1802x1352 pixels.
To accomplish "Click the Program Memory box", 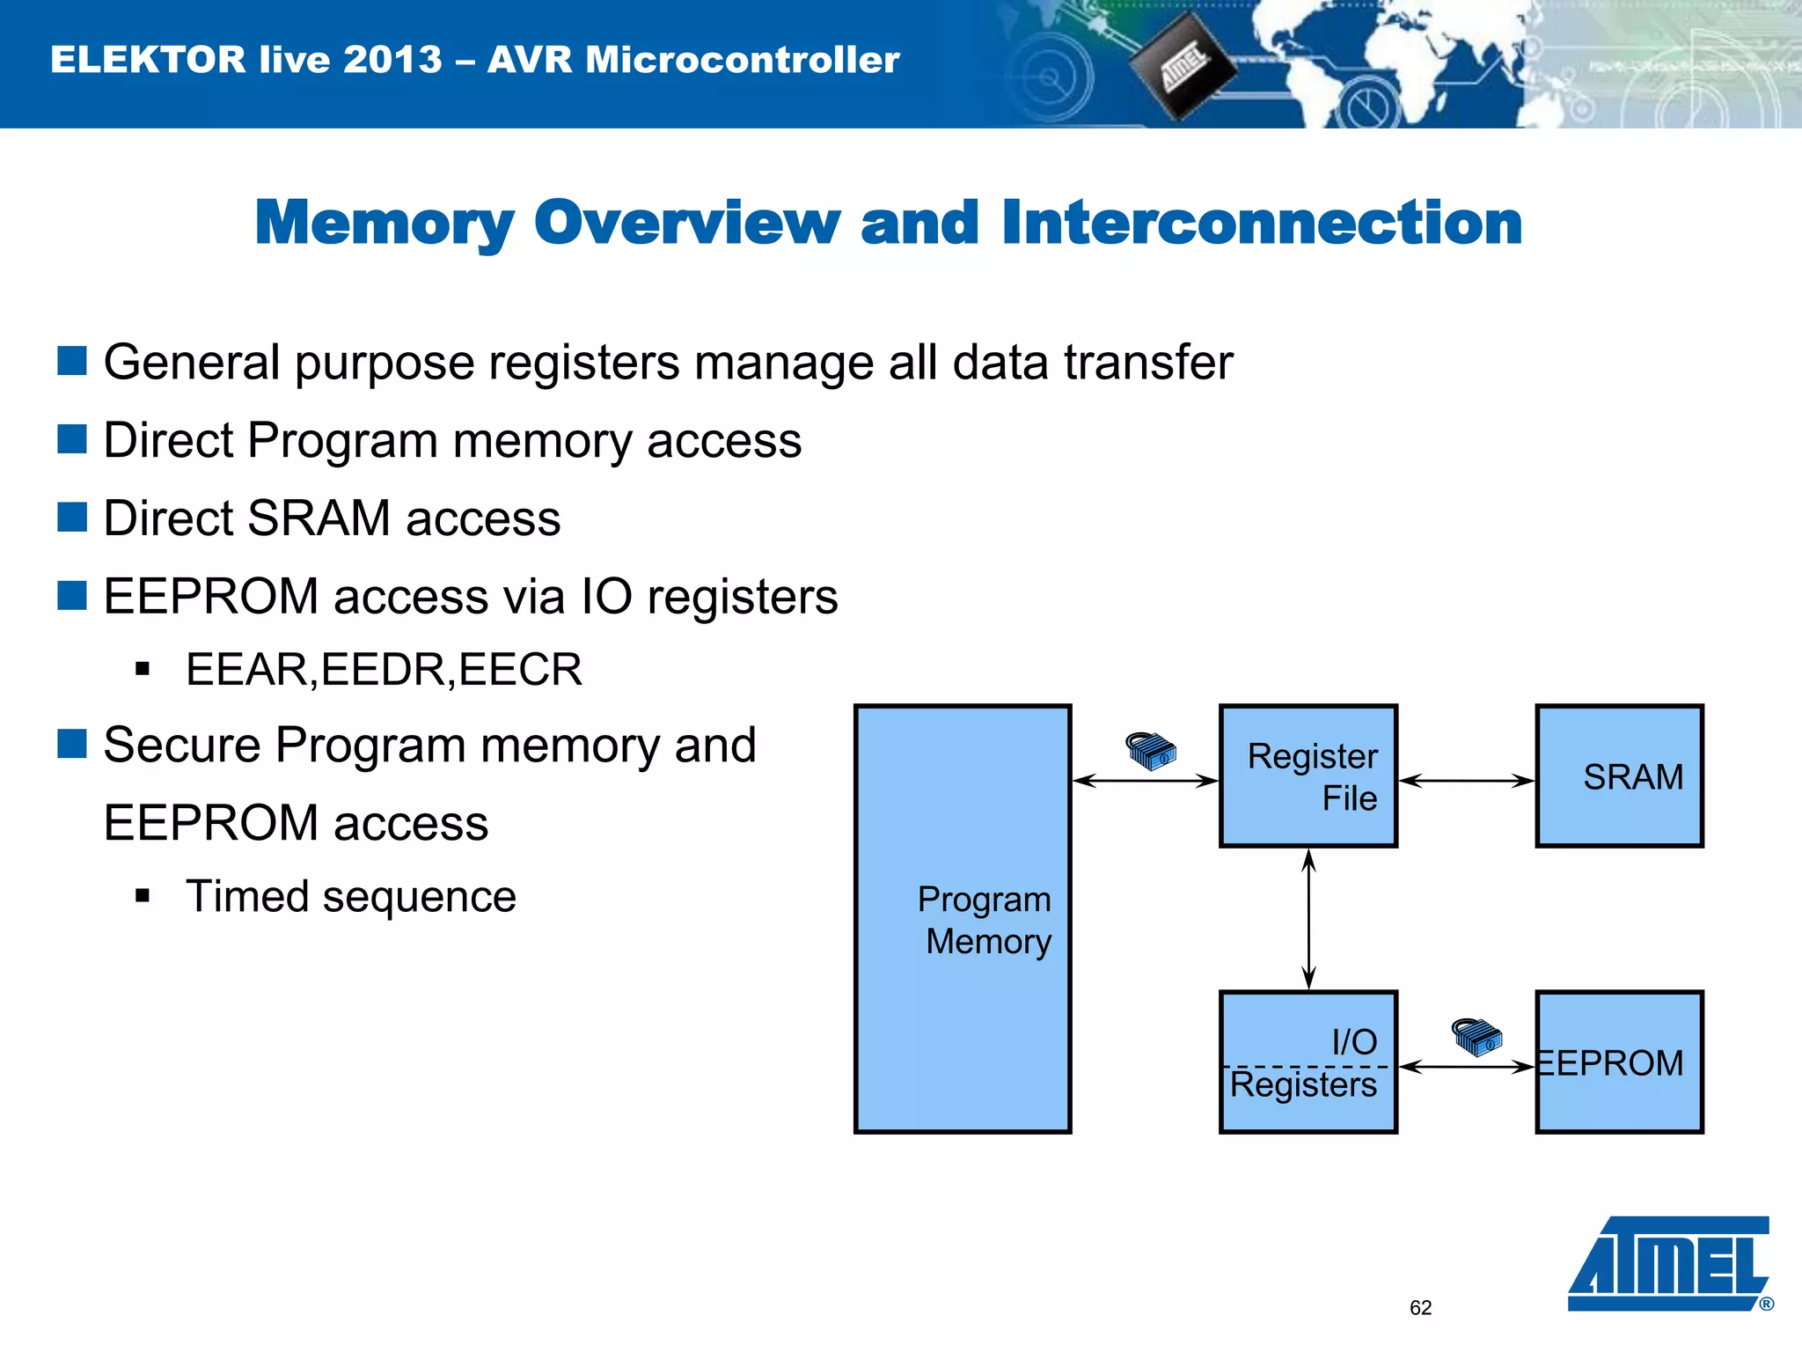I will pyautogui.click(x=962, y=918).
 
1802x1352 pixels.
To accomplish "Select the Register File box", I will pyautogui.click(x=1308, y=775).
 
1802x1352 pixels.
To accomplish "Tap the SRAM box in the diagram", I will pyautogui.click(x=1619, y=775).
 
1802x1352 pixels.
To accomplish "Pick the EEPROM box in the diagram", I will pyautogui.click(x=1619, y=1062).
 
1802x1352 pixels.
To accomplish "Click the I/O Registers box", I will pyautogui.click(x=1308, y=1062).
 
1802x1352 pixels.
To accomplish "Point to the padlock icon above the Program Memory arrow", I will pyautogui.click(x=1151, y=751).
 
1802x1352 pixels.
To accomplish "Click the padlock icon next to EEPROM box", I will pyautogui.click(x=1476, y=1037).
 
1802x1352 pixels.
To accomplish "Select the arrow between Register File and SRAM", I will pyautogui.click(x=1466, y=781).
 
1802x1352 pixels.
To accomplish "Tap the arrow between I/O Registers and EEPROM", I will pyautogui.click(x=1466, y=1067).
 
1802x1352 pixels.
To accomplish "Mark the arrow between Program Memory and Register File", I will pyautogui.click(x=1145, y=781).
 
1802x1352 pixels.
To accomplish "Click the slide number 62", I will pyautogui.click(x=1420, y=1308).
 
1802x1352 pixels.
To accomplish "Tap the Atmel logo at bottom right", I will pyautogui.click(x=1669, y=1264).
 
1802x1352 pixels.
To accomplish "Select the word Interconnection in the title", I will pyautogui.click(x=1261, y=223).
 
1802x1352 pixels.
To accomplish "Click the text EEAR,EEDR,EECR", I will pyautogui.click(x=384, y=670).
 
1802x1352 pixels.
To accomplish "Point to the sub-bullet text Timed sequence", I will pyautogui.click(x=350, y=897).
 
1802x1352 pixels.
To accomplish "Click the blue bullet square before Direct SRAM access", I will pyautogui.click(x=72, y=517).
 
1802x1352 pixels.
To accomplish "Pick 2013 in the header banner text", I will pyautogui.click(x=392, y=60).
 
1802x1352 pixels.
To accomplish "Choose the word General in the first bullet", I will pyautogui.click(x=192, y=362).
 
